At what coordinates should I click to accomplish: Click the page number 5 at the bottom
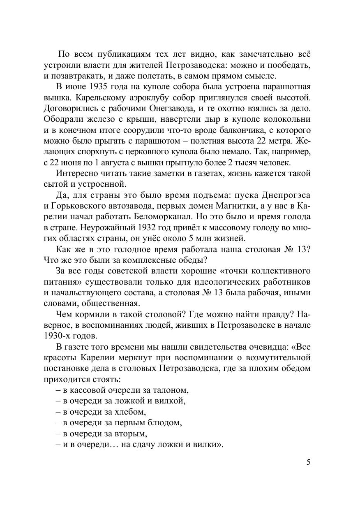[x=308, y=462]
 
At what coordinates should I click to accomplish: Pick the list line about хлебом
[x=101, y=411]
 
